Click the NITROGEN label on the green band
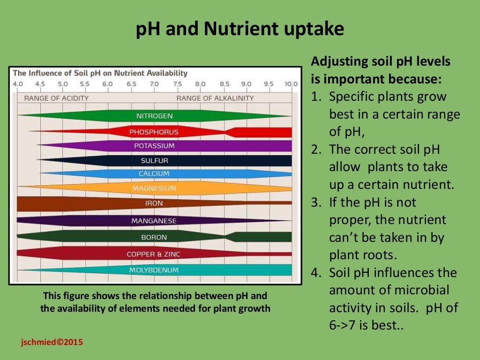(x=154, y=116)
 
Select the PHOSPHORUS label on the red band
(x=154, y=132)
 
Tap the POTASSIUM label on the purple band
(x=154, y=146)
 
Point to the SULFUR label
(x=154, y=161)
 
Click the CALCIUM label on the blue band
(x=154, y=174)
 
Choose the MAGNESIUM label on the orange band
(x=154, y=188)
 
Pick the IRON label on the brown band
(x=154, y=204)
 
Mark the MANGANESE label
(x=154, y=221)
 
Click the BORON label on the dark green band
(x=154, y=238)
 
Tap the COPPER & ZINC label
(x=153, y=255)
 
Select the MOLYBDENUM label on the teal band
(x=154, y=270)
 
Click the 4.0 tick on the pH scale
(x=17, y=84)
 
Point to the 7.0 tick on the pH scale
(x=154, y=84)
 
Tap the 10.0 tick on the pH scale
(x=291, y=84)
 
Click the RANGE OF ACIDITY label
(x=56, y=98)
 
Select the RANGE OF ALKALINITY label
(x=215, y=98)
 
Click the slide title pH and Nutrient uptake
(x=240, y=30)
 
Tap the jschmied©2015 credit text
(x=52, y=342)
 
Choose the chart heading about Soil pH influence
(x=100, y=73)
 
